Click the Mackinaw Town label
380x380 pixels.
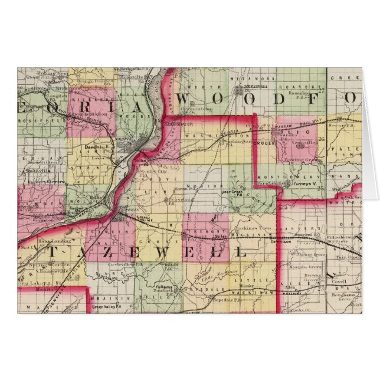(x=243, y=227)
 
